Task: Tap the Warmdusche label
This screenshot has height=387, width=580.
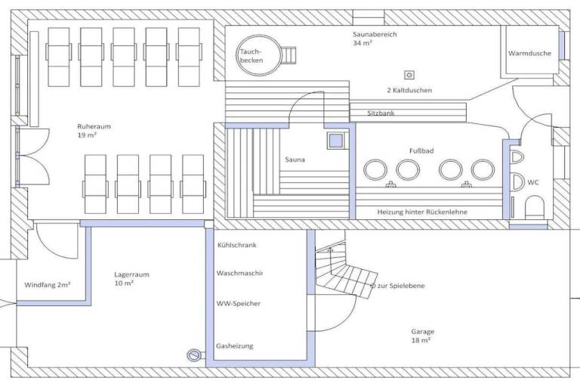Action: point(529,54)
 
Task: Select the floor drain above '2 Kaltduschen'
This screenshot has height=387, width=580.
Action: point(409,75)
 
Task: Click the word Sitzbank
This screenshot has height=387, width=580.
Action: point(381,113)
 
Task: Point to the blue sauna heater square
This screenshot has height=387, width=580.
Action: point(336,141)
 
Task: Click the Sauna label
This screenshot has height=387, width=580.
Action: point(295,159)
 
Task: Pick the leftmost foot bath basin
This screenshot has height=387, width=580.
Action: point(375,170)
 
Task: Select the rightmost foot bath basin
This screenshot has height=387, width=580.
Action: point(483,170)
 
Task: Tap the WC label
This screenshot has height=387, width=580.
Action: point(533,182)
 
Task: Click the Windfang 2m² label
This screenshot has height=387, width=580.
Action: point(48,285)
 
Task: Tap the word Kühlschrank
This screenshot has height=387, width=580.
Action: point(236,245)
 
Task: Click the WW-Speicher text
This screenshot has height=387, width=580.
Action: point(239,304)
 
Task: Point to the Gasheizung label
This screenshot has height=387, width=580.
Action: point(235,346)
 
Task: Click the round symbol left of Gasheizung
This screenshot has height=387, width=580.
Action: point(193,355)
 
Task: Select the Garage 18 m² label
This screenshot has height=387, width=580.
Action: point(422,336)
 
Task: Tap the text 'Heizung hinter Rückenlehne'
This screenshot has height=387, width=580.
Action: point(422,212)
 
